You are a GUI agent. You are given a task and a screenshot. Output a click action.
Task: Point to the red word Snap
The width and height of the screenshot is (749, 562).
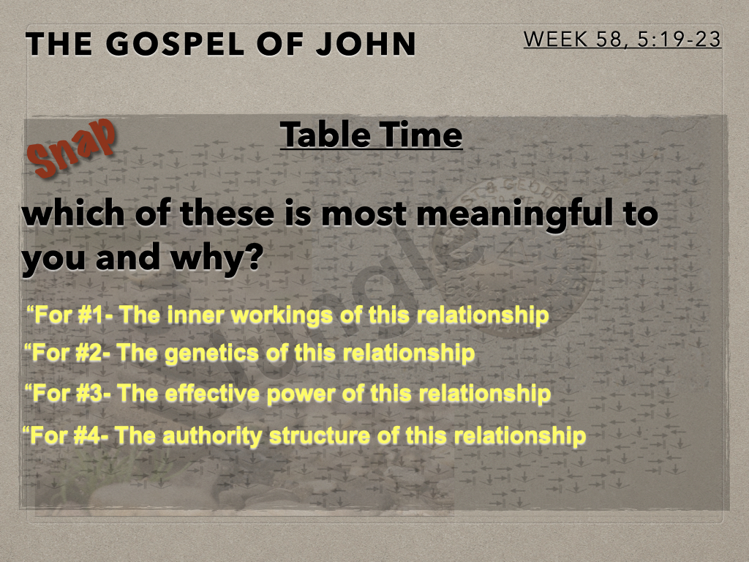[x=72, y=148]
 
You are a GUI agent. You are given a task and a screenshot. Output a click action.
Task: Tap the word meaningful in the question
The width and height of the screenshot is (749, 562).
[x=522, y=216]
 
